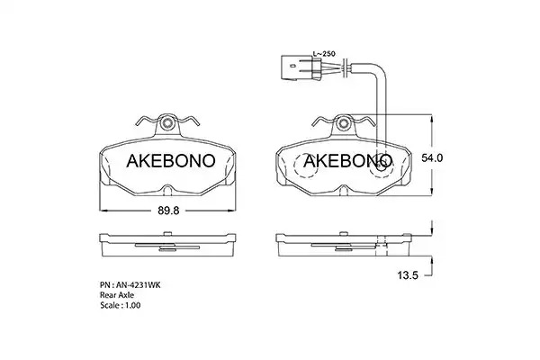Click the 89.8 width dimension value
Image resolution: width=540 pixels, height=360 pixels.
coord(168,211)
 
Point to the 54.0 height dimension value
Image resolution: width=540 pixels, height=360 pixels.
coord(432,157)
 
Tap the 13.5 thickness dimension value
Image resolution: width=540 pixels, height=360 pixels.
coord(408,275)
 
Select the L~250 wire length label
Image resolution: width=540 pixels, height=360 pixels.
coord(324,54)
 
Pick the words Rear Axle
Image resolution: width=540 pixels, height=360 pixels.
coord(117,295)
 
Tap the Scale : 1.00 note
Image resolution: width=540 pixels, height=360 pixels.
coord(121,305)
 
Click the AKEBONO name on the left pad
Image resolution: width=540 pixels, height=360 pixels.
coord(171,161)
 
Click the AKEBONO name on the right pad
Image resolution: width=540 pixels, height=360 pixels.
coord(347,161)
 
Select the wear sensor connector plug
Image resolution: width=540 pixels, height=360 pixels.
coord(301,68)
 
